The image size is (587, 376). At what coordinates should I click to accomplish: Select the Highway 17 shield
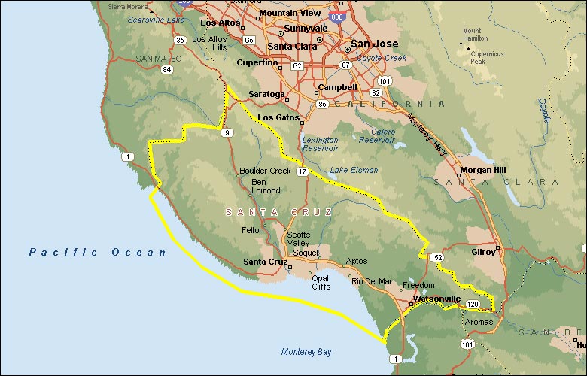click(302, 173)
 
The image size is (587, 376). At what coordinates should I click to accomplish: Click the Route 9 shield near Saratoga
click(226, 133)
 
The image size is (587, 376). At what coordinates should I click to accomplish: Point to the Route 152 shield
click(437, 258)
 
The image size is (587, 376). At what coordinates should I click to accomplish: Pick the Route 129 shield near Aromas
click(472, 304)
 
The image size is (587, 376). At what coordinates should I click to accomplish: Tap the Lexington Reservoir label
click(321, 144)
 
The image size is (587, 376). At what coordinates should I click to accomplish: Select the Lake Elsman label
click(354, 170)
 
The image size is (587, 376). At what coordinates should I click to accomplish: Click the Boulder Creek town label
click(265, 171)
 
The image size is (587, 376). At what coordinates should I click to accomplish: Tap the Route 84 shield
click(166, 69)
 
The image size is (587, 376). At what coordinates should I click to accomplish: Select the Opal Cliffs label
click(321, 282)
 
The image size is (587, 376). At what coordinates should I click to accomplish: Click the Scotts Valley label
click(298, 238)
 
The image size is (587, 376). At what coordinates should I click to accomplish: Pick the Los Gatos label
click(279, 118)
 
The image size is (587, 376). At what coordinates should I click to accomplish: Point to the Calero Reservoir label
click(376, 135)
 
